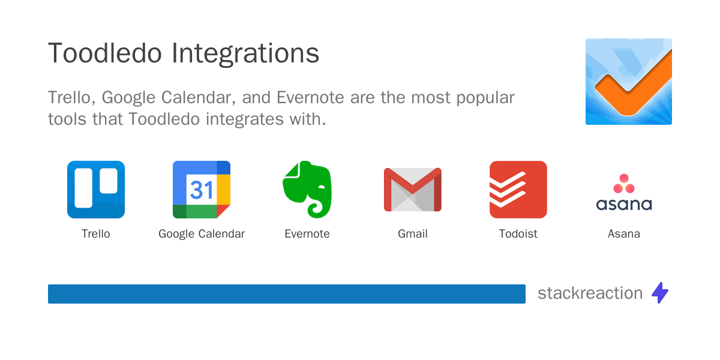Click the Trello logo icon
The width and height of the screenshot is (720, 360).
[96, 190]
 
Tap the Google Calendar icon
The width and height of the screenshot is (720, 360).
[202, 190]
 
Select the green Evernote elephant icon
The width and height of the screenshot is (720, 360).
[307, 190]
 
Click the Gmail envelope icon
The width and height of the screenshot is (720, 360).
[413, 190]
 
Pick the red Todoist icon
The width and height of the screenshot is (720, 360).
[518, 190]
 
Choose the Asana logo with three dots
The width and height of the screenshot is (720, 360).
[624, 193]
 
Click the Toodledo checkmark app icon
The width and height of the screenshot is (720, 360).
[629, 82]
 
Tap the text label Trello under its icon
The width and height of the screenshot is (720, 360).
[96, 234]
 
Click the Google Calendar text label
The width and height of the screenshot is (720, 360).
[202, 234]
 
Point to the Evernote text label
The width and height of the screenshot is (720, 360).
[307, 234]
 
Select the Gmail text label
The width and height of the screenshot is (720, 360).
[413, 234]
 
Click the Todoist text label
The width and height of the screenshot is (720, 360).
[518, 234]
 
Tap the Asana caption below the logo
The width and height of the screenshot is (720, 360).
[624, 234]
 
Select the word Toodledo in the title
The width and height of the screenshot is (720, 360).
[105, 54]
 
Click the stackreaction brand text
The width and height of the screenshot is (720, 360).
[590, 293]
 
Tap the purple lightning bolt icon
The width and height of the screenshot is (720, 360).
[660, 293]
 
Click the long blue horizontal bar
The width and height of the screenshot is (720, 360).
[287, 294]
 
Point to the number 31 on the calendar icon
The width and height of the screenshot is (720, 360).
[202, 190]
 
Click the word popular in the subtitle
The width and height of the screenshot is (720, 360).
[483, 97]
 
